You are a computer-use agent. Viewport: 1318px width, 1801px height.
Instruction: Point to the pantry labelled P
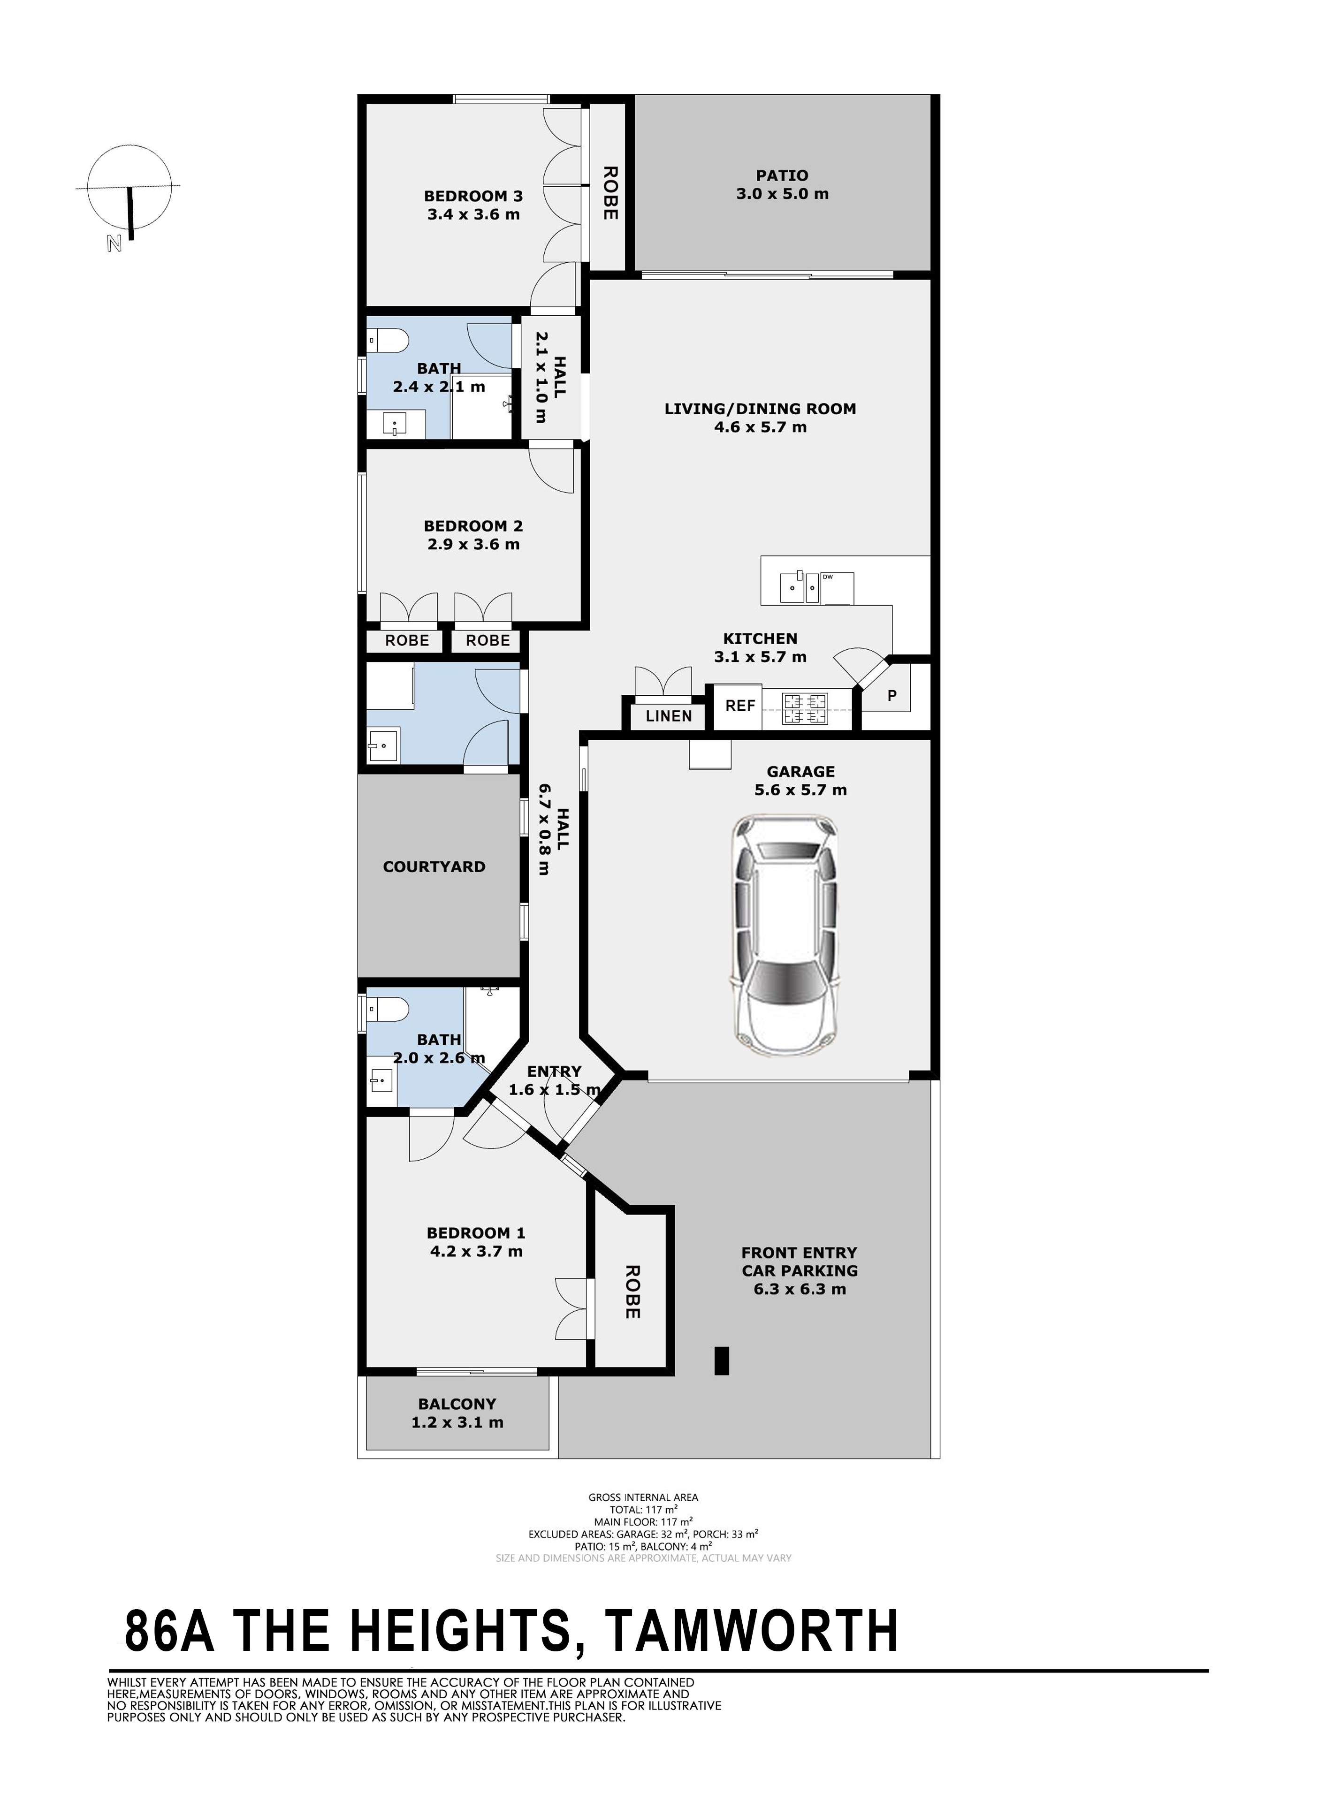pos(892,696)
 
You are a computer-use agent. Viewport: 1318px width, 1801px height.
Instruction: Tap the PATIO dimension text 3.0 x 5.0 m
pos(783,194)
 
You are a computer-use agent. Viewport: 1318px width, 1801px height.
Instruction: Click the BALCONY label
pos(457,1404)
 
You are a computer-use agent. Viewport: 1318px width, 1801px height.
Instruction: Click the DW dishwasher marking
pos(827,577)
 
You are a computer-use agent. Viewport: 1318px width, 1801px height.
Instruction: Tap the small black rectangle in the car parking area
pos(722,1361)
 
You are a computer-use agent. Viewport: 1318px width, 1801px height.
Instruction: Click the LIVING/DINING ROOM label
pos(760,408)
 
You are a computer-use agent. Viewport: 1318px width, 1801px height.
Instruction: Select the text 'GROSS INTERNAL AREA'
pos(643,1497)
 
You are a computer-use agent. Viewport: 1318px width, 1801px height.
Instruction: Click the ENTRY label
pos(555,1071)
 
